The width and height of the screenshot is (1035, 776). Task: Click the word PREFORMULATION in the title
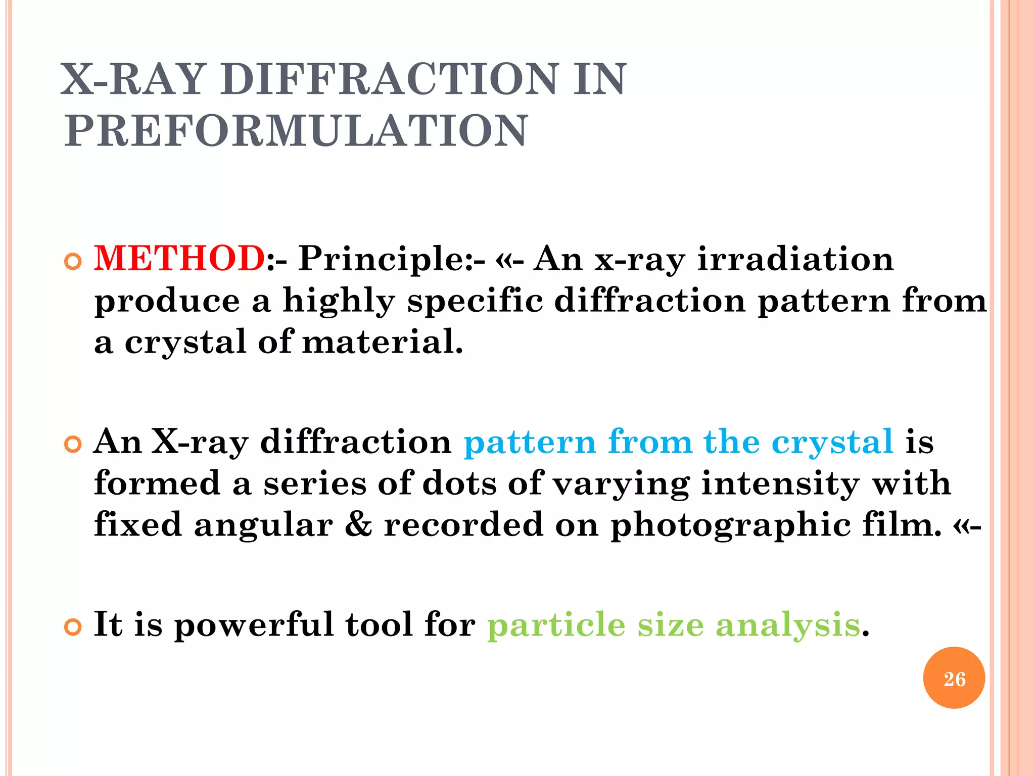(296, 131)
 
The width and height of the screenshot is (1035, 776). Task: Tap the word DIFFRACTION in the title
(390, 79)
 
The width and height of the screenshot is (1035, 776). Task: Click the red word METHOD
(180, 259)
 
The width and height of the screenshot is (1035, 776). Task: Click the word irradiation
(795, 259)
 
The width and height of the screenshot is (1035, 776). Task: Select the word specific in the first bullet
(475, 301)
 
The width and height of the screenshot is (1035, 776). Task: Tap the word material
(382, 342)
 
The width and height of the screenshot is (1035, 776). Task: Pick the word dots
(459, 483)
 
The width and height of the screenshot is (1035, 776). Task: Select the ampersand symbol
(358, 525)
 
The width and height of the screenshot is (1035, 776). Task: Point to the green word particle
(556, 625)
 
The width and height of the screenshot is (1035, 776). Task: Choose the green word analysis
(788, 625)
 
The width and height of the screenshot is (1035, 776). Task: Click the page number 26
(954, 679)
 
